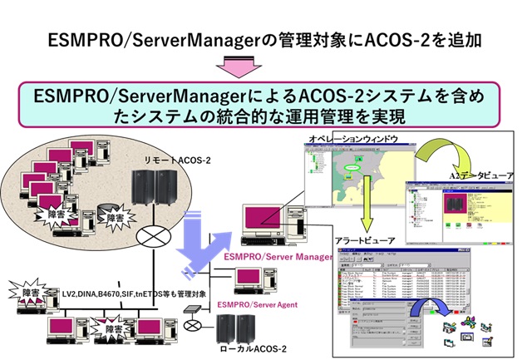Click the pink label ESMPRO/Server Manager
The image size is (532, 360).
274,257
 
